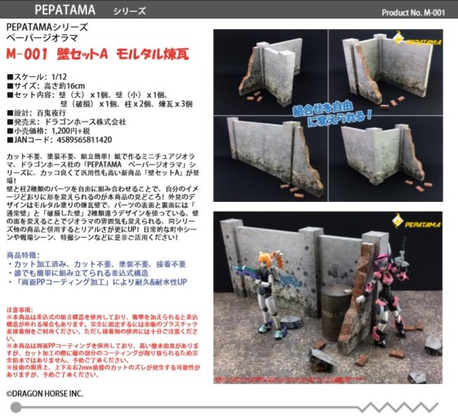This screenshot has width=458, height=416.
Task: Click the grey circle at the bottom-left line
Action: click(x=15, y=408)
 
